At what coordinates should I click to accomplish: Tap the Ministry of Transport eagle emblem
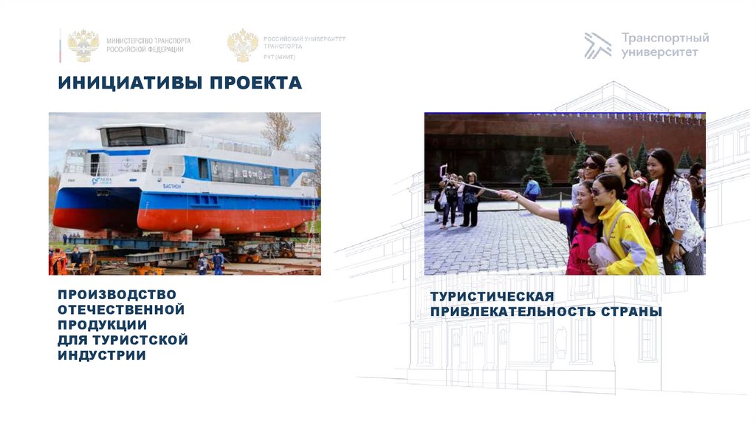[x=83, y=44]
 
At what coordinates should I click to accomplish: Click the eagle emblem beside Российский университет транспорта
[x=242, y=44]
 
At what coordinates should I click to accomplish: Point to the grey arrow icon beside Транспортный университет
[x=597, y=45]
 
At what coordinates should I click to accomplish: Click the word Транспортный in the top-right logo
[x=664, y=38]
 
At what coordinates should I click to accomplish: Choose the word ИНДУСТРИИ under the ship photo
[x=101, y=355]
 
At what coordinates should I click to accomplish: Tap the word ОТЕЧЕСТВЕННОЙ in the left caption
[x=121, y=310]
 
